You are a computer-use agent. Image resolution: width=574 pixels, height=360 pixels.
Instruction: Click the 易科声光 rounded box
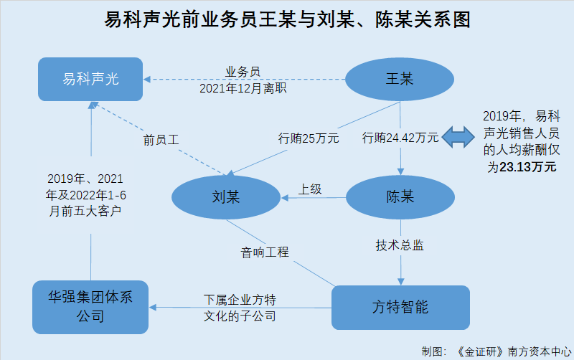tap(90, 79)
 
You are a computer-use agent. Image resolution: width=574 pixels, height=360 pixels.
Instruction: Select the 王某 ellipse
tap(400, 79)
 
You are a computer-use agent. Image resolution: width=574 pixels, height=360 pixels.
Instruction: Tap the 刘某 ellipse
tap(226, 197)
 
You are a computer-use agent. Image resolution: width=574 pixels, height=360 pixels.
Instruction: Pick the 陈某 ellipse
tap(400, 197)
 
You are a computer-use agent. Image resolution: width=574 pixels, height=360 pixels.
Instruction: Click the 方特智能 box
tap(400, 308)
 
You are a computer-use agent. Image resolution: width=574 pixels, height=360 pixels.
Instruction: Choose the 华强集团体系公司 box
tap(90, 307)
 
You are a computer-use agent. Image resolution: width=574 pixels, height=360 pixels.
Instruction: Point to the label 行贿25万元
tap(309, 138)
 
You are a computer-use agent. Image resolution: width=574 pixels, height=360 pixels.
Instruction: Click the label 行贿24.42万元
tap(400, 138)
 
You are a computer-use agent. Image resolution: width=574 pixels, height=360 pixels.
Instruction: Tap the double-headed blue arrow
tap(458, 137)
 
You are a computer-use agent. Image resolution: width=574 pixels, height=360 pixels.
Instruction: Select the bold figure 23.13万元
tap(528, 167)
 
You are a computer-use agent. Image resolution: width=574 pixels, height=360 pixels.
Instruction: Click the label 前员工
tap(161, 140)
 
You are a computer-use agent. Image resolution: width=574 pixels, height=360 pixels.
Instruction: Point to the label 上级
tap(310, 189)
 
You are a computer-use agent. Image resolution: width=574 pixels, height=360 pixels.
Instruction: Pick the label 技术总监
tap(400, 245)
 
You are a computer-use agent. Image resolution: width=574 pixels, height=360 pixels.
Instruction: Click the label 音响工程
tap(265, 252)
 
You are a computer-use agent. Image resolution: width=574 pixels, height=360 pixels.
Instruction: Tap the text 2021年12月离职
tap(243, 88)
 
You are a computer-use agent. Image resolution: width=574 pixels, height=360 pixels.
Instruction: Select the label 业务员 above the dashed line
tap(243, 72)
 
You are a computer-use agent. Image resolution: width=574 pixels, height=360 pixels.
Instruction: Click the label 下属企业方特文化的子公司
tap(240, 308)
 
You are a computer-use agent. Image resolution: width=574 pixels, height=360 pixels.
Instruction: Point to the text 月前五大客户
tap(85, 211)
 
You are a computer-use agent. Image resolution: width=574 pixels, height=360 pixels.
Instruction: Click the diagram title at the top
tap(288, 19)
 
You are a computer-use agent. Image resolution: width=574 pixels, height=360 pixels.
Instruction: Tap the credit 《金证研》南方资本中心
tap(514, 351)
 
